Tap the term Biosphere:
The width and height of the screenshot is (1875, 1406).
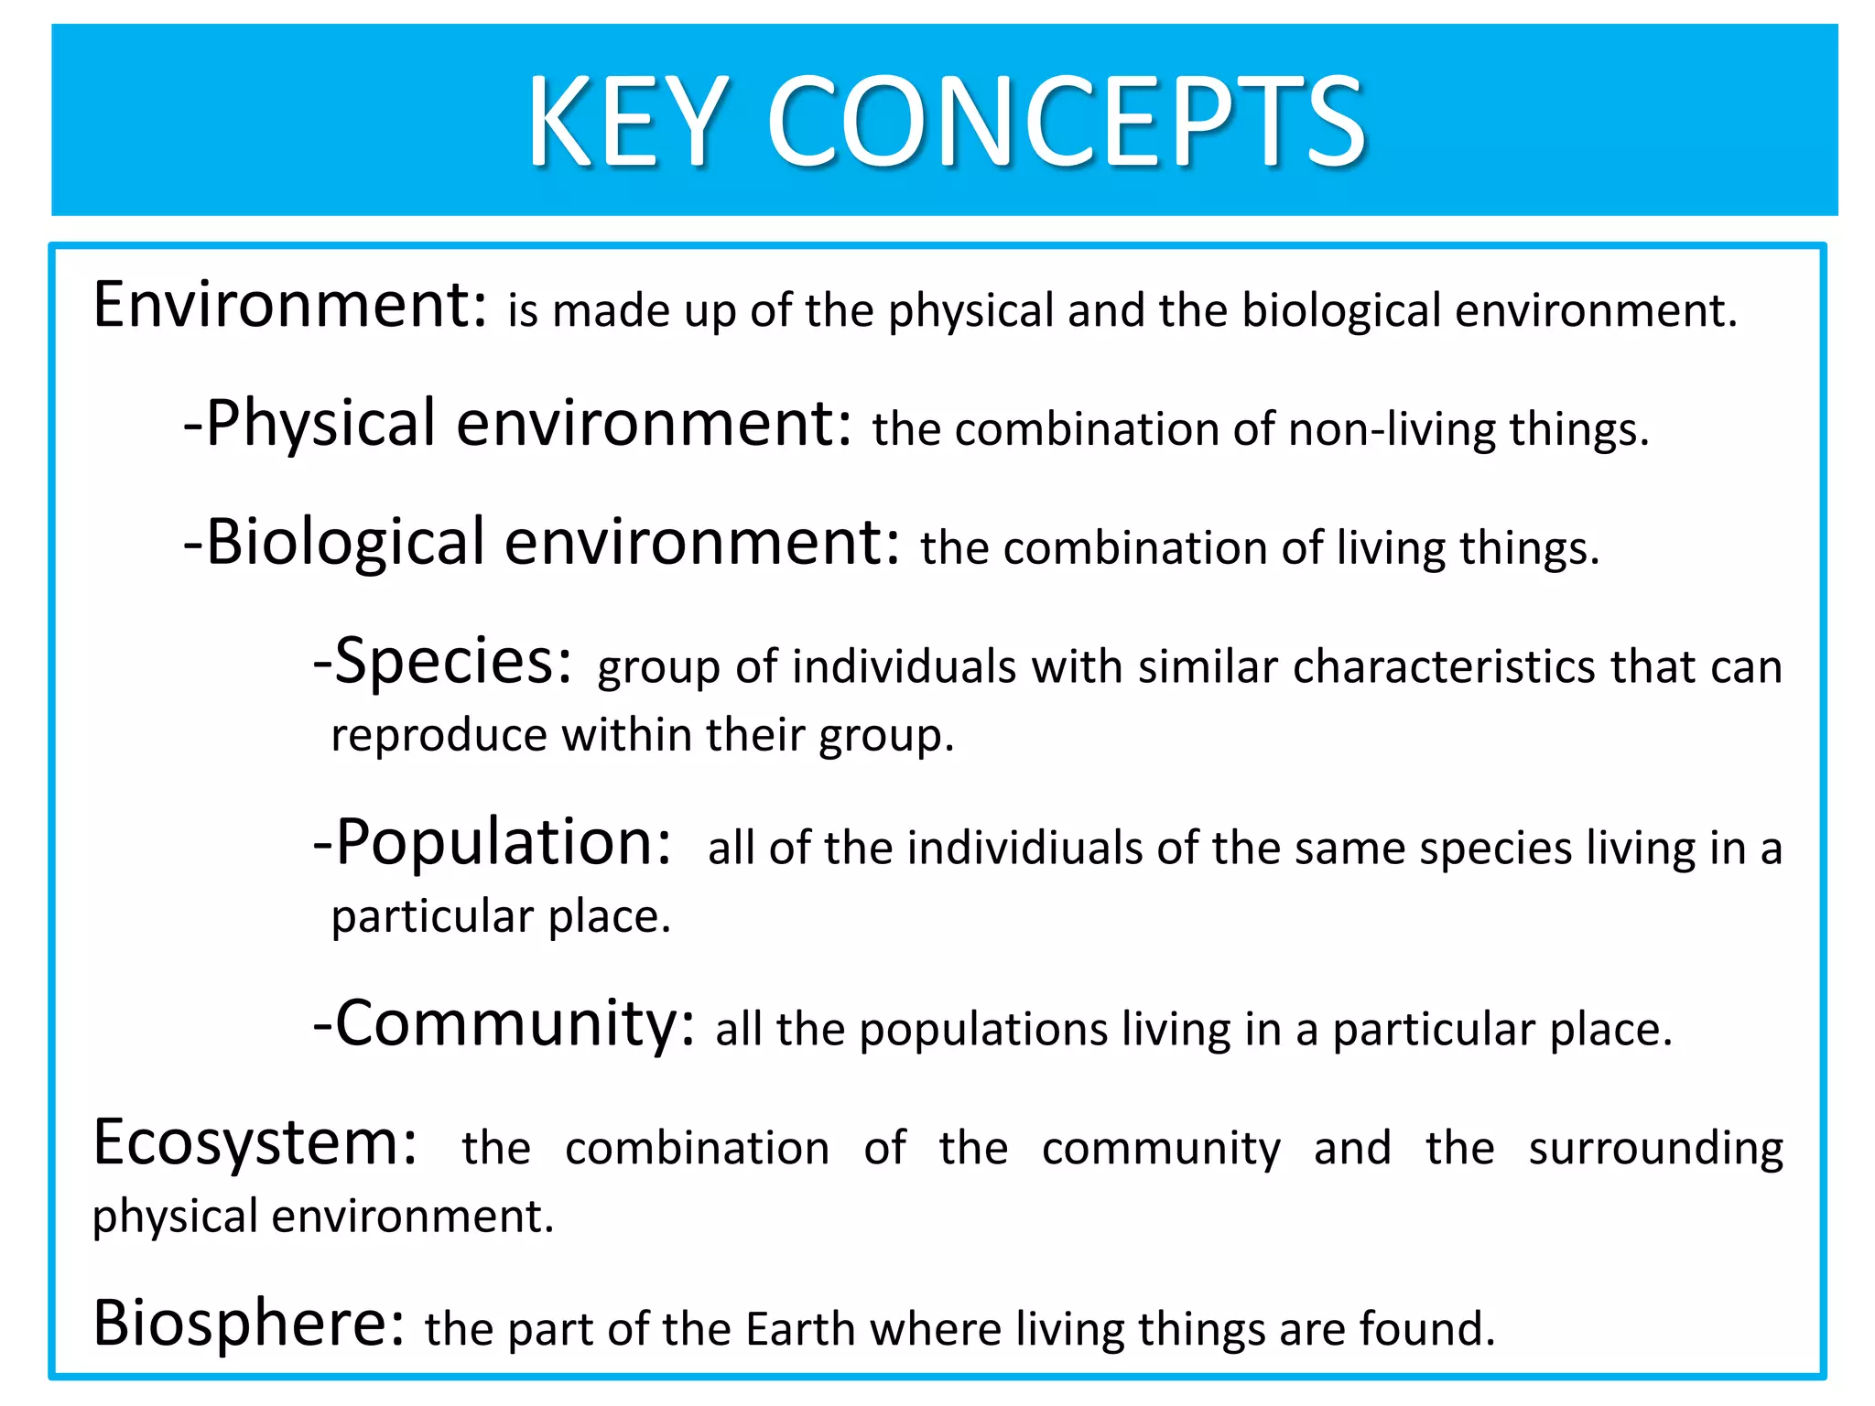pyautogui.click(x=249, y=1324)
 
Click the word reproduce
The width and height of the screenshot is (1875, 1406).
pyautogui.click(x=439, y=736)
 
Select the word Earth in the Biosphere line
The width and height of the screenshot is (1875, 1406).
pyautogui.click(x=799, y=1329)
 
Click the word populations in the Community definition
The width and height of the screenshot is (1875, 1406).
pyautogui.click(x=984, y=1031)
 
